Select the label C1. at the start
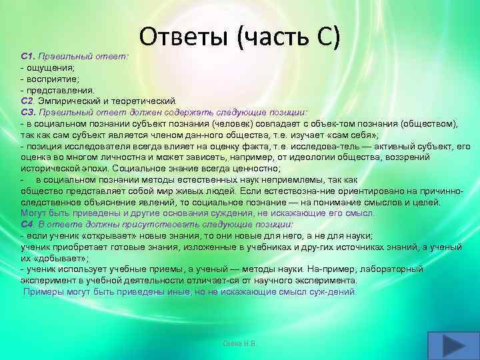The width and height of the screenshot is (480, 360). point(29,57)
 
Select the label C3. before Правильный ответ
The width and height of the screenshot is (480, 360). point(29,111)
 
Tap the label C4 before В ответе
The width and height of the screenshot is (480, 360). point(27,224)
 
